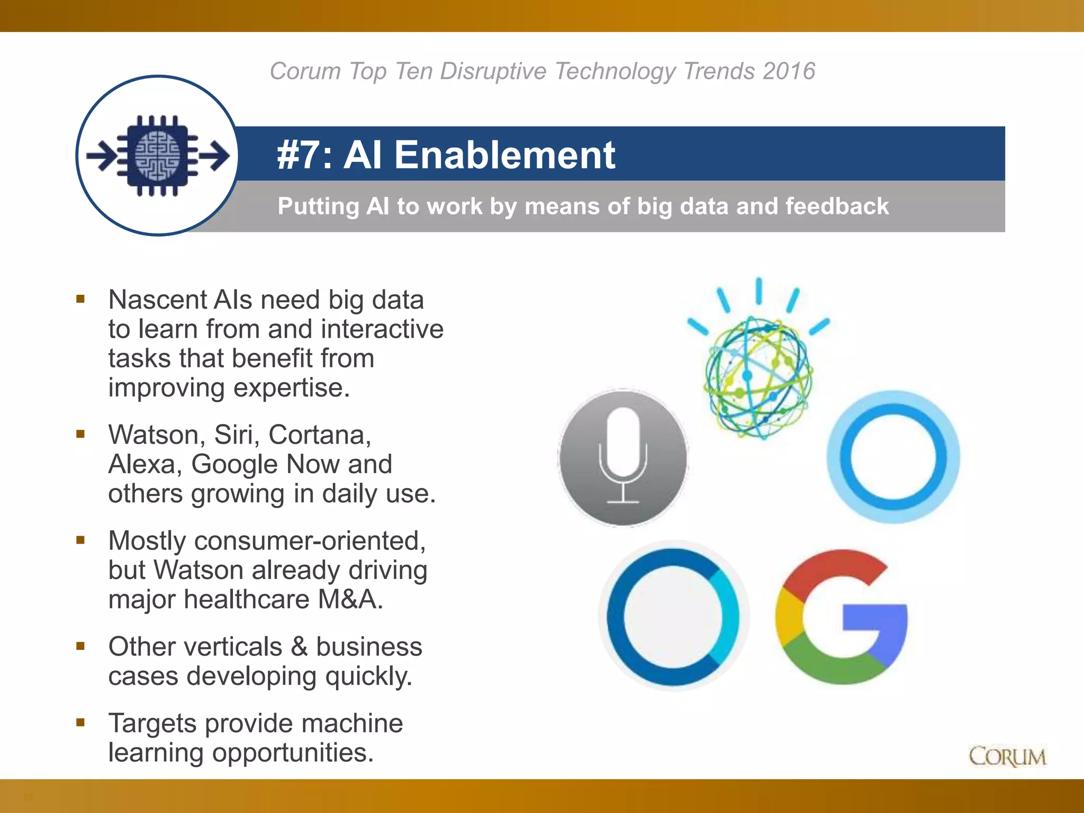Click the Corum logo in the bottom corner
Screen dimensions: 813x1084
[1007, 756]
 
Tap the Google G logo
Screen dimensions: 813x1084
[842, 617]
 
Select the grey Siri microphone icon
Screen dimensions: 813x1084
[623, 458]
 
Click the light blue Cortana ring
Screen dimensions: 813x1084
[893, 457]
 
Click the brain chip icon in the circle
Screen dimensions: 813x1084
[158, 156]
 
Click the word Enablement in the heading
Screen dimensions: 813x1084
[504, 155]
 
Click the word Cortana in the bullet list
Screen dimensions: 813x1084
[319, 435]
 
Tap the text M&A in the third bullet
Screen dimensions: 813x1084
[350, 600]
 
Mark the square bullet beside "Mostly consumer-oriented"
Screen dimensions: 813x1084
[80, 540]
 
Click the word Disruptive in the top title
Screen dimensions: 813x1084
[493, 71]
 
